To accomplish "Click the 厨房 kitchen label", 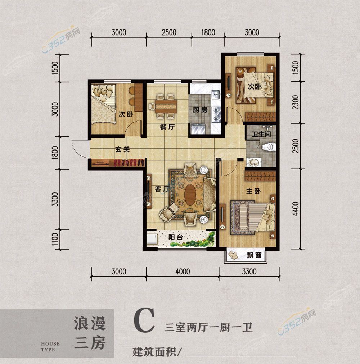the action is pos(200,110).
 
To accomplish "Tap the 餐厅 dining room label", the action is pos(167,127).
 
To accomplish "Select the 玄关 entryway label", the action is pos(122,149).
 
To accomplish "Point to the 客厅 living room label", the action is pos(162,189).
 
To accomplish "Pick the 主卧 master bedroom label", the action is pos(253,191).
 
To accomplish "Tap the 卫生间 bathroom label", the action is pos(261,134).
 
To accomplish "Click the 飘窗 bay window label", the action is pos(254,255).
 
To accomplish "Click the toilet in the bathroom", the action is pos(269,147).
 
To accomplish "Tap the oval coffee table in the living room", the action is pos(190,194).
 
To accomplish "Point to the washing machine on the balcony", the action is pos(152,238).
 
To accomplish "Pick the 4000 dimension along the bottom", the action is pos(183,272).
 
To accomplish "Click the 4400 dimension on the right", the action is pos(296,209).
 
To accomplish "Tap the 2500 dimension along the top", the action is pos(169,32).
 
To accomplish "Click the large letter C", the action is pos(144,320).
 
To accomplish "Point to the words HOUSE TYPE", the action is pos(50,347).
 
